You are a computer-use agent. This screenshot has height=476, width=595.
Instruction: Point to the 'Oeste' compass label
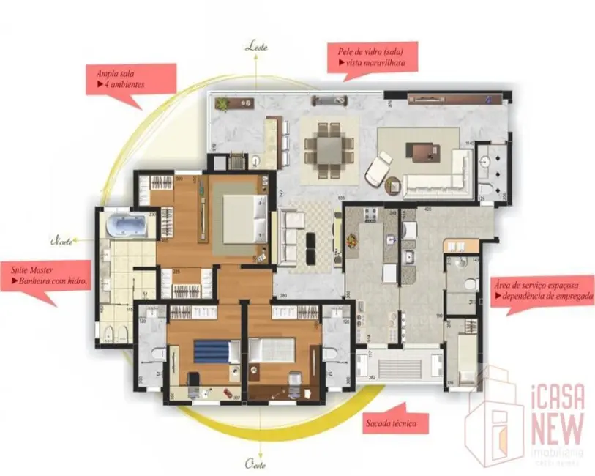(x=255, y=464)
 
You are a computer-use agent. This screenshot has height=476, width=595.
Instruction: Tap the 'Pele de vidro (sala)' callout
(x=373, y=57)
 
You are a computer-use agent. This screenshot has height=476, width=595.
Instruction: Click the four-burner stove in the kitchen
(x=368, y=215)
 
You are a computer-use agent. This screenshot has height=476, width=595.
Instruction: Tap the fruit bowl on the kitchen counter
(x=353, y=239)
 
